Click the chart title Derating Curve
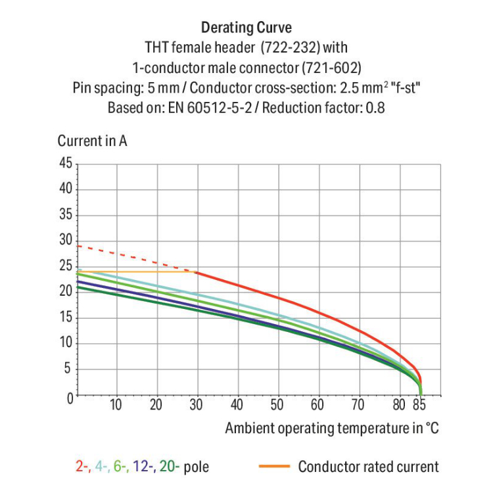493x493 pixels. click(246, 28)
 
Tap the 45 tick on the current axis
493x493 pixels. click(65, 163)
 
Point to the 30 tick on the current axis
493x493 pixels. click(65, 241)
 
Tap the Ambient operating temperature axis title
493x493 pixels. click(331, 429)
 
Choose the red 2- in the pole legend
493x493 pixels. click(83, 467)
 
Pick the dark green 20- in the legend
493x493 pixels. click(168, 467)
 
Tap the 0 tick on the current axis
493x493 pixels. click(68, 398)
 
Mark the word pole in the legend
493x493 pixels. click(197, 467)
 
